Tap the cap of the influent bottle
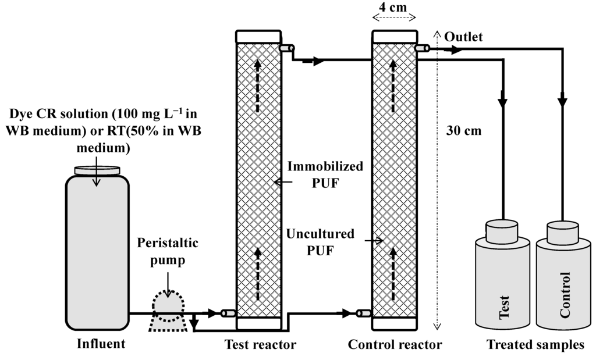(x=97, y=170)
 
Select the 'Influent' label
(x=101, y=344)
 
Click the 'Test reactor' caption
(x=260, y=345)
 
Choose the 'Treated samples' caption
(x=535, y=345)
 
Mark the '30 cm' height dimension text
(x=464, y=130)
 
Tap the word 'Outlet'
(x=463, y=37)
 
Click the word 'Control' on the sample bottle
(x=565, y=294)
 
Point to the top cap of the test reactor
(x=258, y=36)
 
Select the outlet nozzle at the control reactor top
(x=423, y=48)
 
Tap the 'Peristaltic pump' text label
(x=167, y=251)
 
